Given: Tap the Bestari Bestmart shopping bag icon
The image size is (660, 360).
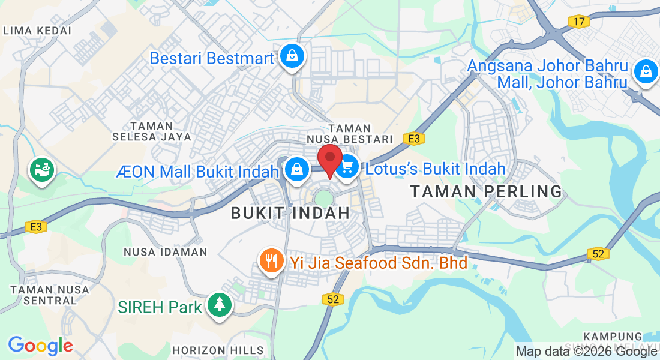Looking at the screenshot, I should click(292, 56).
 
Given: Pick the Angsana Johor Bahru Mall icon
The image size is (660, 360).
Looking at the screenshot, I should click(645, 71).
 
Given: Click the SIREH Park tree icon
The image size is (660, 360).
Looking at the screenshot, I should click(219, 305).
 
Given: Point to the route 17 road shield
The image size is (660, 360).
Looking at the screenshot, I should click(578, 22).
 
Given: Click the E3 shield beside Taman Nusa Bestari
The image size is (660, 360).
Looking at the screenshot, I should click(413, 139).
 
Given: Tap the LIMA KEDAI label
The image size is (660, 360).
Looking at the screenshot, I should click(37, 30).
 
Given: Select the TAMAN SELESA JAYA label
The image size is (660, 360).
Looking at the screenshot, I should click(152, 131).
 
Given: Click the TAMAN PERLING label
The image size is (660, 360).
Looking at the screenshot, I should click(486, 192).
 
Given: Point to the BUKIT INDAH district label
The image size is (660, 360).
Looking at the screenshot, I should click(290, 212).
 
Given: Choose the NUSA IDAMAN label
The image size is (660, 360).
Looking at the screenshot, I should click(166, 252).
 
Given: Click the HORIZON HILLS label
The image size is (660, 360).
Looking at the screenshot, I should click(218, 350).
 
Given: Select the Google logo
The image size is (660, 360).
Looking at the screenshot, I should click(40, 346).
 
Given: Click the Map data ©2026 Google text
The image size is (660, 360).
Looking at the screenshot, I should click(586, 352).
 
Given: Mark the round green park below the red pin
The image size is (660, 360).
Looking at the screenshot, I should click(323, 197).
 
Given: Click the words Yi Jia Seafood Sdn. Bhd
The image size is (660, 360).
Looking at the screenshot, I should click(379, 262).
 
